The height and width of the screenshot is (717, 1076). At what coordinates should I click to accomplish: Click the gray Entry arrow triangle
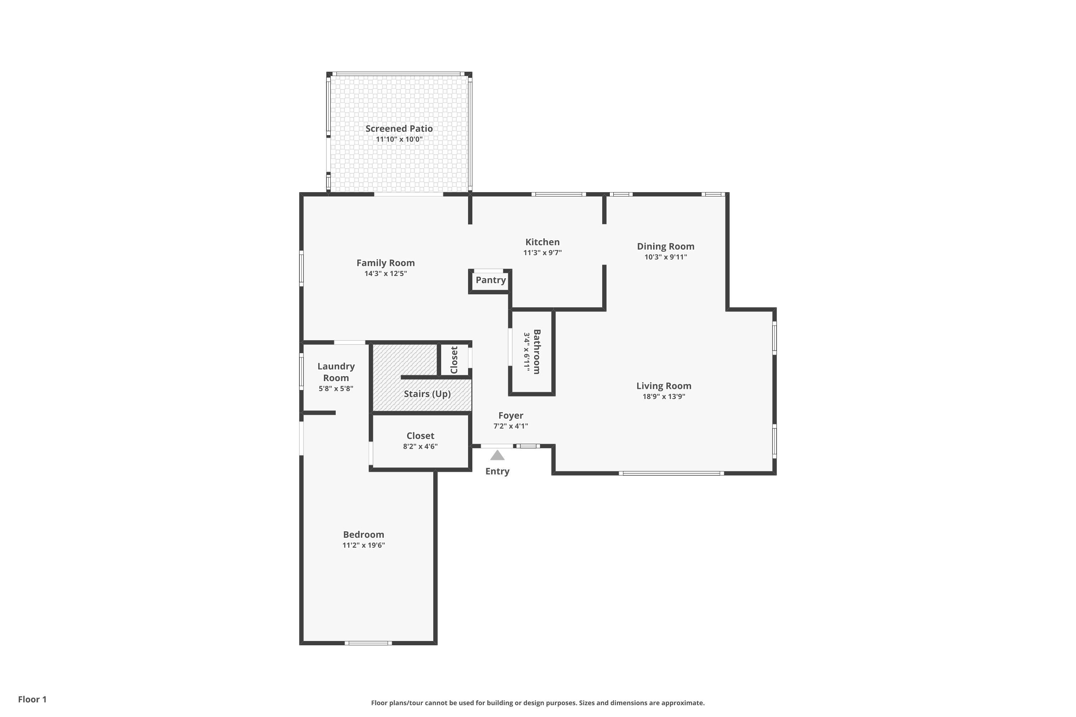[497, 455]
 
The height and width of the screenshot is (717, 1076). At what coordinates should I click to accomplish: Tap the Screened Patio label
[399, 128]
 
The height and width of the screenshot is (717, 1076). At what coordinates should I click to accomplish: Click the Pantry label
[490, 280]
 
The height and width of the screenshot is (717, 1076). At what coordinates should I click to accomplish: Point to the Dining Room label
[665, 246]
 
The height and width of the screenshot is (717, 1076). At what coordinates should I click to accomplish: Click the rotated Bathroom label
[537, 352]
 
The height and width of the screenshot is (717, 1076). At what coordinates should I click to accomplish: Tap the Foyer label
[510, 415]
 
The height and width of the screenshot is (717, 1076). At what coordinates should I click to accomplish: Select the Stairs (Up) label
[427, 394]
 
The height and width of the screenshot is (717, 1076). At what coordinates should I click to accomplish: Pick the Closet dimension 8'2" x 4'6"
[420, 446]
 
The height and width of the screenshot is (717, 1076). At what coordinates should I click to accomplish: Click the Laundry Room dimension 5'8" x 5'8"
[336, 389]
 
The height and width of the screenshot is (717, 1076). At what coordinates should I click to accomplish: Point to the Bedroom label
[363, 534]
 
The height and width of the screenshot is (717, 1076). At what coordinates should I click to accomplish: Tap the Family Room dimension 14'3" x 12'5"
[385, 274]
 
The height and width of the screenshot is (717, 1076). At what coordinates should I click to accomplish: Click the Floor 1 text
[32, 699]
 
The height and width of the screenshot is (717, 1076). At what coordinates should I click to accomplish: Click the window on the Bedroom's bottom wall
[368, 643]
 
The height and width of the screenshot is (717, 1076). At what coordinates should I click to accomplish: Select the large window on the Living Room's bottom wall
[671, 473]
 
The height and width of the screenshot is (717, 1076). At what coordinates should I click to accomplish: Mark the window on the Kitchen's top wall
[558, 194]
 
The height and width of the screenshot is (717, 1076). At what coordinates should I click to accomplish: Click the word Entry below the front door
[497, 471]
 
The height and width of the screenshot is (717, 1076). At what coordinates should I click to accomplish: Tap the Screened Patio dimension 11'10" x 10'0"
[399, 139]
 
